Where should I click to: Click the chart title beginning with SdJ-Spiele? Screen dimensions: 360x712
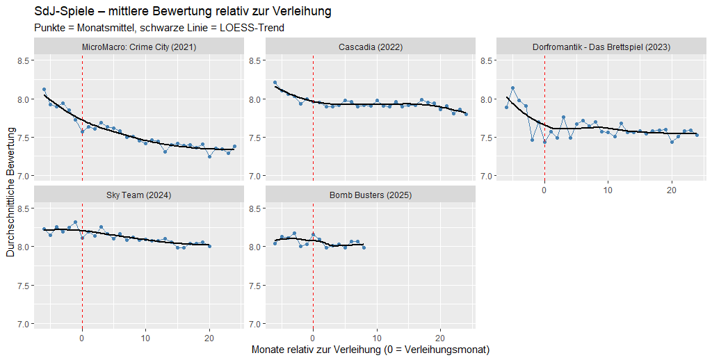point(182,12)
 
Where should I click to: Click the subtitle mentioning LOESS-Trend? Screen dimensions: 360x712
point(159,28)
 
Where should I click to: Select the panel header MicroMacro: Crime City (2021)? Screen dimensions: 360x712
point(138,47)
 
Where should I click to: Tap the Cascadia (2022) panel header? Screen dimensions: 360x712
point(370,47)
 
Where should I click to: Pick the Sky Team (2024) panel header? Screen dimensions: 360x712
point(138,195)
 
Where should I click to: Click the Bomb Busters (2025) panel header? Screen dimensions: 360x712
point(370,195)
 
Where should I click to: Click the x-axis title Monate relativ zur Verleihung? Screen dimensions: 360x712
point(370,350)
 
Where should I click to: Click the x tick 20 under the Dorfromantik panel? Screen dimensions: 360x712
point(672,188)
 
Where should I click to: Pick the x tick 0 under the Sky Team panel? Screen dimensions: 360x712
point(82,336)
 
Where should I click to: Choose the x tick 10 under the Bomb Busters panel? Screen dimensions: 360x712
point(377,336)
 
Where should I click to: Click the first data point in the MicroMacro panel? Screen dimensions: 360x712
point(44,90)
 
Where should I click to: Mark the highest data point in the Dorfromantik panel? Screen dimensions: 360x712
point(512,88)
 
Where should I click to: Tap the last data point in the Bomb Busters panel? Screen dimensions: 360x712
point(364,247)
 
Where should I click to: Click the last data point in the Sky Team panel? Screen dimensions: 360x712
point(209,246)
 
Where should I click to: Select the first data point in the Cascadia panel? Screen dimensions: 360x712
point(275,83)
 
